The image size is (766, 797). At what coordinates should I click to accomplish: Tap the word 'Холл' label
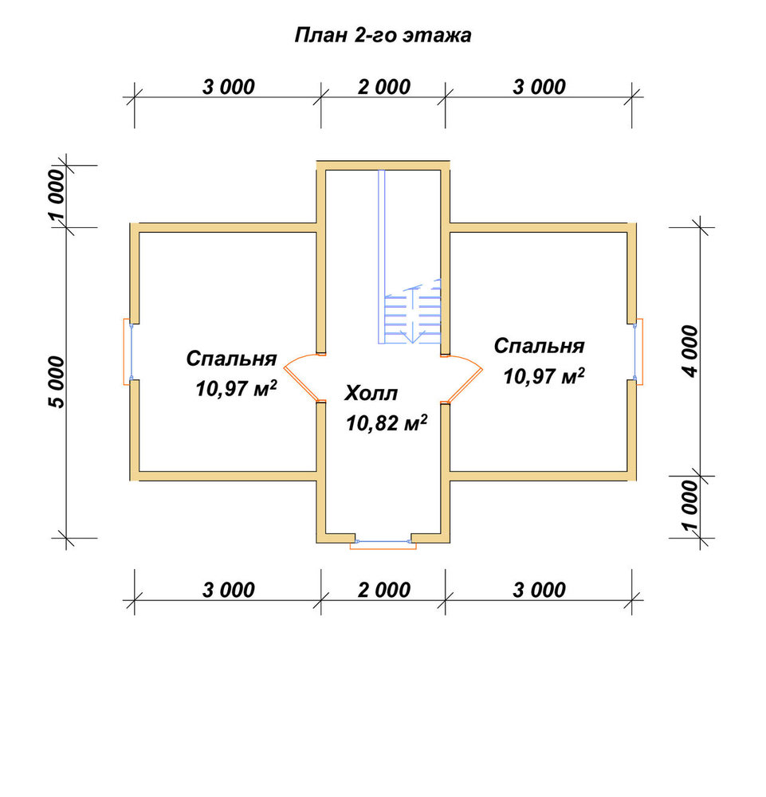coord(371,394)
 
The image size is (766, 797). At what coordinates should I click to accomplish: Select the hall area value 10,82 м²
coord(387,423)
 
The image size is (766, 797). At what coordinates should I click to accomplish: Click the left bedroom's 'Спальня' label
coord(231,359)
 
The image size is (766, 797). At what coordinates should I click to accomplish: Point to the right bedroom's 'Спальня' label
coord(539,346)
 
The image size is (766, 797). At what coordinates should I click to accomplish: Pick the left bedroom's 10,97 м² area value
coord(237,389)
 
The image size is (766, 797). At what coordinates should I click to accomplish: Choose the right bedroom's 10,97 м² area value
coord(544,376)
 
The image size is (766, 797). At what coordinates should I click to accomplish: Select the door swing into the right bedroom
coord(464,378)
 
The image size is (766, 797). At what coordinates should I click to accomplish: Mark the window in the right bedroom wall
coord(638,351)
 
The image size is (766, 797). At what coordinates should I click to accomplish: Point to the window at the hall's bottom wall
coord(383,544)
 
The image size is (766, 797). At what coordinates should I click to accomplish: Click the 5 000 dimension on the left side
coord(57,383)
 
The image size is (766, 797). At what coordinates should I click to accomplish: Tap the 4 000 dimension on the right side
coord(691,351)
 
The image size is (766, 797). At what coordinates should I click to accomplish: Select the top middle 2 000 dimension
coord(383,88)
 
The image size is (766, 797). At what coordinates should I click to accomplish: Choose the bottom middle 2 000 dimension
coord(383,591)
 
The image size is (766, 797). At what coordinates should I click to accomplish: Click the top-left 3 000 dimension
coord(228,88)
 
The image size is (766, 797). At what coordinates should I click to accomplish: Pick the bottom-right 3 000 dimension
coord(539,591)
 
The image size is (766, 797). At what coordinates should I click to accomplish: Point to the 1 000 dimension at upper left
coord(57,197)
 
